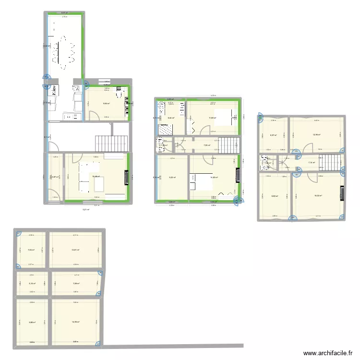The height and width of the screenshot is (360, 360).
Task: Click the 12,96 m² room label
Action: pos(316,134)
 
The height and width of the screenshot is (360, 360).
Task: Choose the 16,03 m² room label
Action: pos(318,195)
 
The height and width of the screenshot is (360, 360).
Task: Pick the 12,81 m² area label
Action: pos(76,250)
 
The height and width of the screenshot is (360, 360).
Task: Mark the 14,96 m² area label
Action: pos(76,322)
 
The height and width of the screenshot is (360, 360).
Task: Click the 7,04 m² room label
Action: pos(32,250)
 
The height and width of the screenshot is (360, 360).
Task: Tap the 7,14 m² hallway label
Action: pos(311,163)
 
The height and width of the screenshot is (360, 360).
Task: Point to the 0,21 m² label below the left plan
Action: pos(86,209)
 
